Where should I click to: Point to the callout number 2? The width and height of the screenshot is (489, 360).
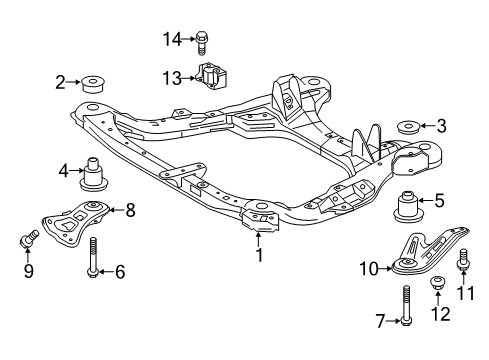tap(61, 82)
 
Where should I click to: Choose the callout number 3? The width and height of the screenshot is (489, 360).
tap(442, 126)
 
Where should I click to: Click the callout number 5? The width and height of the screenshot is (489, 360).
tap(440, 199)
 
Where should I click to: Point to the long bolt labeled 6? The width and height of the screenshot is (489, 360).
tap(94, 256)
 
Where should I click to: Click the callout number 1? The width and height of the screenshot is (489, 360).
tap(260, 255)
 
